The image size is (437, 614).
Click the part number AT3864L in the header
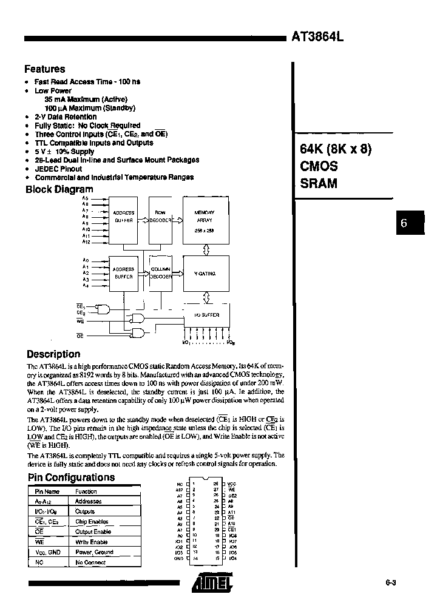click(318, 36)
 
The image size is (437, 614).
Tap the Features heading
click(44, 69)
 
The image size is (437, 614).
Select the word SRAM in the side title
click(318, 183)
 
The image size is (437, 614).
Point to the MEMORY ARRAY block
click(203, 218)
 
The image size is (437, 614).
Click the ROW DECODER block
click(160, 218)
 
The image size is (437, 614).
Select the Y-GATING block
click(203, 274)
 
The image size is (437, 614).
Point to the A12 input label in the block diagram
click(86, 242)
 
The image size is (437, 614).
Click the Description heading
click(53, 354)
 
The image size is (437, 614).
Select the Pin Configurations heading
click(71, 477)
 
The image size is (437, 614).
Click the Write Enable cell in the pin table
click(91, 542)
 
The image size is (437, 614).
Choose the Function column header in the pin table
click(86, 491)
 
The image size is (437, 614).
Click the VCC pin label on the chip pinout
click(232, 484)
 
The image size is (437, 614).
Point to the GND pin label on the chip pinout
click(179, 558)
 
